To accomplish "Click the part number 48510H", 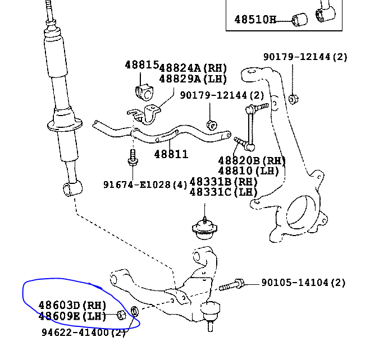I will tap(255, 20).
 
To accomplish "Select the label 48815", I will tap(142, 66).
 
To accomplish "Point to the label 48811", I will tap(171, 154).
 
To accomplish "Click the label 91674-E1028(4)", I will tap(145, 184).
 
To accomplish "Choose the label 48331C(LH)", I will tap(223, 192).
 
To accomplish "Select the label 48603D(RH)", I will tap(72, 305).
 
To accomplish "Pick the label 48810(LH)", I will tap(248, 170).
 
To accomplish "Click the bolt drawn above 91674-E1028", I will tap(133, 158).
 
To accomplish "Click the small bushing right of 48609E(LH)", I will tap(121, 315).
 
